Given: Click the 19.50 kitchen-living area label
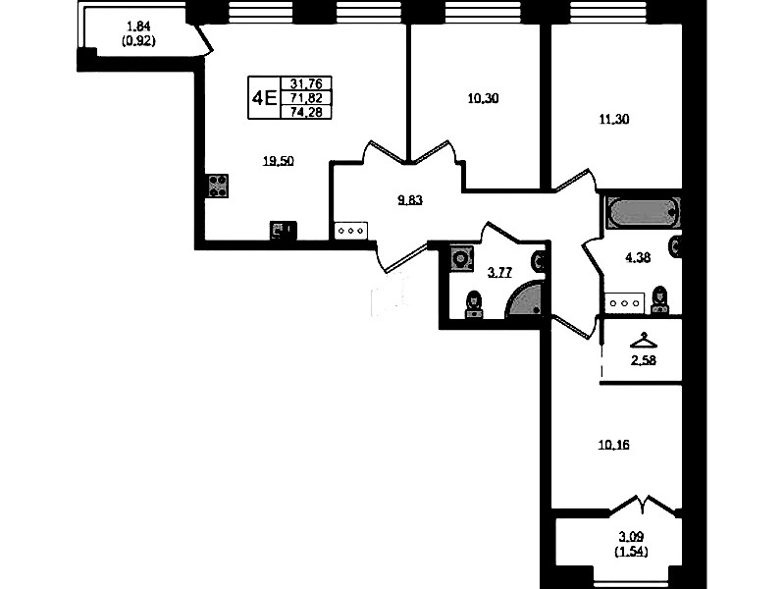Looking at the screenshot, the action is pos(279,161).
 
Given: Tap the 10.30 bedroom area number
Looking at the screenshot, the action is pos(483,98).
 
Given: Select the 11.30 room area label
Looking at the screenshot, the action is pos(614,119).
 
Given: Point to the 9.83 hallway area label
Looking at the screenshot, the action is pos(410,200).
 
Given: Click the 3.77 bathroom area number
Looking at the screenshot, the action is pos(499,273).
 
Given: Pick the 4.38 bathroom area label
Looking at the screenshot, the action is pos(638,258).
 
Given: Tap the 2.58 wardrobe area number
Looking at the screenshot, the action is pos(644,360).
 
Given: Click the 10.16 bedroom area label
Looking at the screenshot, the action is pos(614,445).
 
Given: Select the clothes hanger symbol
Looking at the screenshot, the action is pos(644,341).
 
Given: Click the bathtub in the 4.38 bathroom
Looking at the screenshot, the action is pos(643,213).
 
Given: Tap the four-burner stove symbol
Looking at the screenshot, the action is pos(218,186).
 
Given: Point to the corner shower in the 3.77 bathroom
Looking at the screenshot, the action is pos(525,299).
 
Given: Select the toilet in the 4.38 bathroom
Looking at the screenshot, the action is pos(660,300).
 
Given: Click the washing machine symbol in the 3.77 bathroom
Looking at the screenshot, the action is pos(461,258).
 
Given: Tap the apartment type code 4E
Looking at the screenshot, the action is pos(264,97).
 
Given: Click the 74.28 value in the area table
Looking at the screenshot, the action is pos(306,113).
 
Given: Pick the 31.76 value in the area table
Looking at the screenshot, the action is pos(306,83).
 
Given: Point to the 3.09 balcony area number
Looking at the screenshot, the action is pos(631,537).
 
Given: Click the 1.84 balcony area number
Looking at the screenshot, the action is pos(138,27).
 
